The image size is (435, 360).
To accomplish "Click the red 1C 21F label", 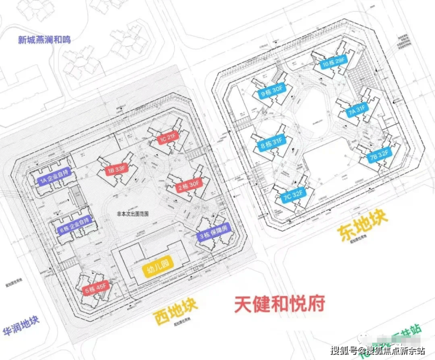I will pos(168,139).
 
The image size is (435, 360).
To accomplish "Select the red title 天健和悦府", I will pos(280,305).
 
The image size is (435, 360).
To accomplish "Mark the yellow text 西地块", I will pos(175,311).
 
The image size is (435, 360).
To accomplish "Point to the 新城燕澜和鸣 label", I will pos(44,40).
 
